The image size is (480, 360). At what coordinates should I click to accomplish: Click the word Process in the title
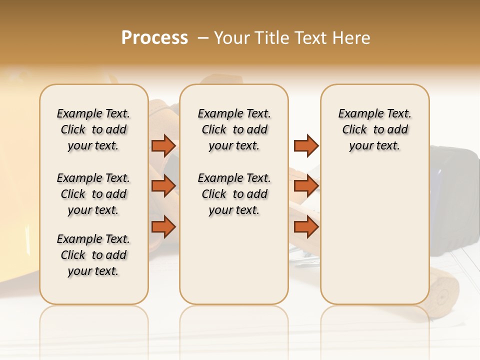[154, 37]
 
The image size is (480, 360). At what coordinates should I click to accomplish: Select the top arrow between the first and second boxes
[163, 145]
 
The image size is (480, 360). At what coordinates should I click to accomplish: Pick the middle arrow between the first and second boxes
[163, 186]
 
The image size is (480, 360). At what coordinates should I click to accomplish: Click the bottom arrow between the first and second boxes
[163, 227]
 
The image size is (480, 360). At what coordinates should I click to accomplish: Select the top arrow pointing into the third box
[306, 145]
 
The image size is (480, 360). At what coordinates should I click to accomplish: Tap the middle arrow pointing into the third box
[306, 186]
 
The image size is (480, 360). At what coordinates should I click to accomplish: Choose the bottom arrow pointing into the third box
[306, 227]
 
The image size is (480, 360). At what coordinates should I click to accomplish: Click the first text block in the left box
[93, 129]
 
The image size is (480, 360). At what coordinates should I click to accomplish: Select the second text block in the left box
[93, 194]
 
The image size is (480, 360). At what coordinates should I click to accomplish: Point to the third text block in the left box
[93, 255]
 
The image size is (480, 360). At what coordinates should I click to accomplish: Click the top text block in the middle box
[234, 129]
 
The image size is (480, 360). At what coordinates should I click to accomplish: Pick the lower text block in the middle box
[234, 194]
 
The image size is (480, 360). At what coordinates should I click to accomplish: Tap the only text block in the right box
[374, 129]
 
